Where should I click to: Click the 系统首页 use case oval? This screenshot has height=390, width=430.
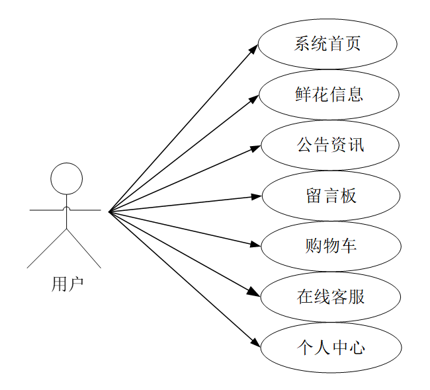point(327,44)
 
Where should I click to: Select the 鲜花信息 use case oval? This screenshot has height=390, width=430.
point(329,95)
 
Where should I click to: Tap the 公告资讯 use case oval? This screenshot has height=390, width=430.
point(330,145)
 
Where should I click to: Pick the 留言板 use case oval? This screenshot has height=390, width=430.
point(331,196)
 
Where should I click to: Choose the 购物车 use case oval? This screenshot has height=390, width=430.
point(331,247)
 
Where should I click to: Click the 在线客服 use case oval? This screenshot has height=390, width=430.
point(331,297)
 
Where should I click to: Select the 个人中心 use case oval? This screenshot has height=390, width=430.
point(331,348)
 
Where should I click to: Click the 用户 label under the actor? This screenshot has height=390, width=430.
point(67,284)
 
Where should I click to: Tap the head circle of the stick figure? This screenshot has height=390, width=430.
point(67,178)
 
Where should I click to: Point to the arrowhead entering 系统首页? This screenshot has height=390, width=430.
point(254,48)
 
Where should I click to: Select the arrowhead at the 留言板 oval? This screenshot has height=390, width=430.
point(257,196)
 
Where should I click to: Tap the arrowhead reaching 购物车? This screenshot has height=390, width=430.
point(257,245)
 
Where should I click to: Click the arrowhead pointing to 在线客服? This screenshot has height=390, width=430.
point(254,292)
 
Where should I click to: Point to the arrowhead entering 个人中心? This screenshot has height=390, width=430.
point(256,342)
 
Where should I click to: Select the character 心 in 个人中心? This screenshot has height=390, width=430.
point(357,348)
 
